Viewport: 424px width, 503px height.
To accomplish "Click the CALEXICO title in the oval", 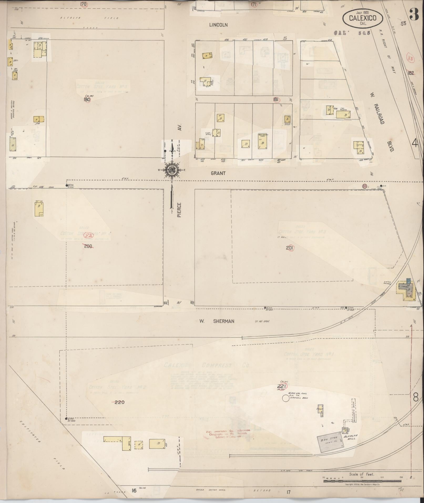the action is (363, 18).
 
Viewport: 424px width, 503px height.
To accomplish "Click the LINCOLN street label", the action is (218, 25).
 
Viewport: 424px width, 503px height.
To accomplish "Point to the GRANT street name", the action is (218, 173).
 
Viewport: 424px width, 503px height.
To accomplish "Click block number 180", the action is (87, 100).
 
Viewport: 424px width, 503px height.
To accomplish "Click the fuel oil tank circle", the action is (285, 398).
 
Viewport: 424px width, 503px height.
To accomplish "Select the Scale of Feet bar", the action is (362, 481).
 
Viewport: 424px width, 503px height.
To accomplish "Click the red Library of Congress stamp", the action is (228, 434).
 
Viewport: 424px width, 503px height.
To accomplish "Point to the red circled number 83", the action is (410, 58).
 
